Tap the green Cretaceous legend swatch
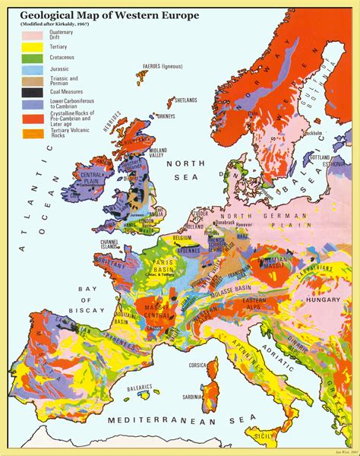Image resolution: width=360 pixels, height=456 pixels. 31,58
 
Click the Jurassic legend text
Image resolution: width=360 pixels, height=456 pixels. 59,68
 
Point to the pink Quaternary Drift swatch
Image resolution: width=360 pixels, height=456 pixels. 31,35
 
